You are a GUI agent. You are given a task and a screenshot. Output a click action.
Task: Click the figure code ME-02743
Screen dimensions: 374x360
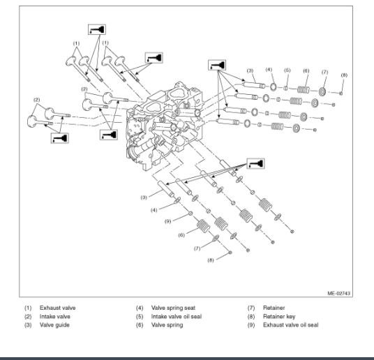click(x=338, y=293)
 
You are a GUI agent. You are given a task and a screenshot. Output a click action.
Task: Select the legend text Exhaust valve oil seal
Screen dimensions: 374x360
click(x=290, y=325)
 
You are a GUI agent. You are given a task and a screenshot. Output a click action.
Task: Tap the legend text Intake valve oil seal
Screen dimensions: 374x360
click(x=177, y=316)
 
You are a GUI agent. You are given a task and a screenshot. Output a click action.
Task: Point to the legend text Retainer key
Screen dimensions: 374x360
click(x=279, y=317)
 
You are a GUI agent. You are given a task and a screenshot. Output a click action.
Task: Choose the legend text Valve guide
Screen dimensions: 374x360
click(x=54, y=325)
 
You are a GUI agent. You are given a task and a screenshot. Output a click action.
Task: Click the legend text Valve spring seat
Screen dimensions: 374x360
click(x=173, y=308)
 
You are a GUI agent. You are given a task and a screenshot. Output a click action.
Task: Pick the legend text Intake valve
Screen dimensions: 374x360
click(x=55, y=317)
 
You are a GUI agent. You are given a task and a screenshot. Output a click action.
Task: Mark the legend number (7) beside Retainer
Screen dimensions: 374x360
click(x=251, y=308)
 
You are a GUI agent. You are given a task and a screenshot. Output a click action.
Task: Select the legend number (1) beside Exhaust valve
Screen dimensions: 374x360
click(x=28, y=308)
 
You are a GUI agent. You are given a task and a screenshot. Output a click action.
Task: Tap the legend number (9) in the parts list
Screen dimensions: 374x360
click(x=251, y=325)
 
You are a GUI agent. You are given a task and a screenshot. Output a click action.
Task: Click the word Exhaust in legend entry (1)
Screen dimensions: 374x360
click(x=49, y=308)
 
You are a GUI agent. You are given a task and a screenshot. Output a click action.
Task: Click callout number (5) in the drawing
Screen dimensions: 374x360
click(x=287, y=70)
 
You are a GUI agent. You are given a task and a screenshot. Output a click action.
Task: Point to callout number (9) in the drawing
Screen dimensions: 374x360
click(x=168, y=221)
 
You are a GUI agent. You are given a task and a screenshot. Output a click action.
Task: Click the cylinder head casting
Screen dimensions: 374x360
click(x=165, y=126)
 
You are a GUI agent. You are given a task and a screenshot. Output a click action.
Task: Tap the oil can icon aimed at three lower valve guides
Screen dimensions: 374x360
click(x=255, y=163)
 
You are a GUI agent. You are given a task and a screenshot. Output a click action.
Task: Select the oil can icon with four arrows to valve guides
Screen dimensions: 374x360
click(x=217, y=65)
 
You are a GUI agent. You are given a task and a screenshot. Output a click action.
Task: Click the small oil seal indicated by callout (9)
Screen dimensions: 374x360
click(x=190, y=213)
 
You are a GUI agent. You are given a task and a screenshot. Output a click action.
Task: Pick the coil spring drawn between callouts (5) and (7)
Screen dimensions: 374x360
click(x=304, y=90)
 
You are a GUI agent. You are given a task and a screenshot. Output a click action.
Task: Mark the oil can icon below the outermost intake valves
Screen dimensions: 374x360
click(x=59, y=138)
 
